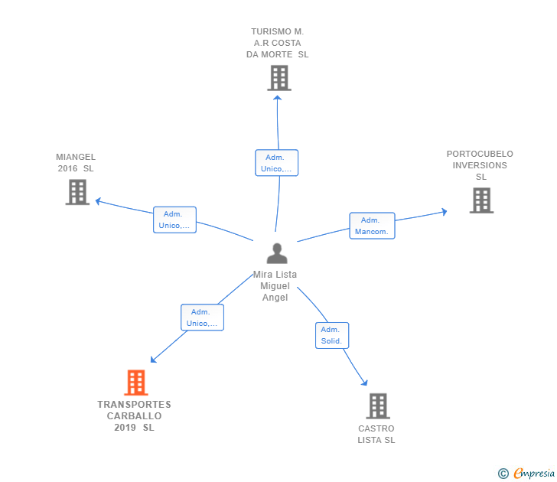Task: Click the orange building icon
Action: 136,383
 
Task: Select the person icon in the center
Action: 277,253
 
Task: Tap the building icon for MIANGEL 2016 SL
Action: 77,192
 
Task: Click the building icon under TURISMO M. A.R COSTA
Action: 279,78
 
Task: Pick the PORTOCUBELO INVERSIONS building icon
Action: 482,200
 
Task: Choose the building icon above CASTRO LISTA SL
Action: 378,406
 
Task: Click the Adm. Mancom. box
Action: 372,226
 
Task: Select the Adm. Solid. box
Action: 332,335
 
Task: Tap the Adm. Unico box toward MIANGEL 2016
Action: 174,220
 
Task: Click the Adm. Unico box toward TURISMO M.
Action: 277,163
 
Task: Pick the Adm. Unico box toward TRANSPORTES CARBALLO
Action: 202,318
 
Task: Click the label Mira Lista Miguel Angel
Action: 275,286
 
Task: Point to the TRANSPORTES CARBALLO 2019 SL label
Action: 135,416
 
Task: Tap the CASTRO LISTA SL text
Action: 376,434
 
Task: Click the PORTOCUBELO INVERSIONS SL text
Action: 480,165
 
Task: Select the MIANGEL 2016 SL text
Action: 76,163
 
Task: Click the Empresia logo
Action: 526,473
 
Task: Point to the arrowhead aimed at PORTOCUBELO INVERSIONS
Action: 444,212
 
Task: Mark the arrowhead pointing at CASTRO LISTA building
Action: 364,383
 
